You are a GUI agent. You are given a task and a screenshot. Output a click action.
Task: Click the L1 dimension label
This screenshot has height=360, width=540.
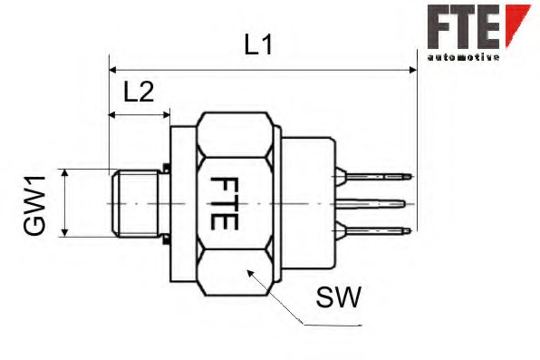[259, 45]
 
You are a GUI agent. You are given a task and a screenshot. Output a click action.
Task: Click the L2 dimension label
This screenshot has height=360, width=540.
[138, 92]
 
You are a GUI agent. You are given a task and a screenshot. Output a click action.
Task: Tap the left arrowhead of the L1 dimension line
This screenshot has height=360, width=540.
[113, 68]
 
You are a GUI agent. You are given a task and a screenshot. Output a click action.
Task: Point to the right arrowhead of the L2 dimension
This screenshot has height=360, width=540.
[165, 115]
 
